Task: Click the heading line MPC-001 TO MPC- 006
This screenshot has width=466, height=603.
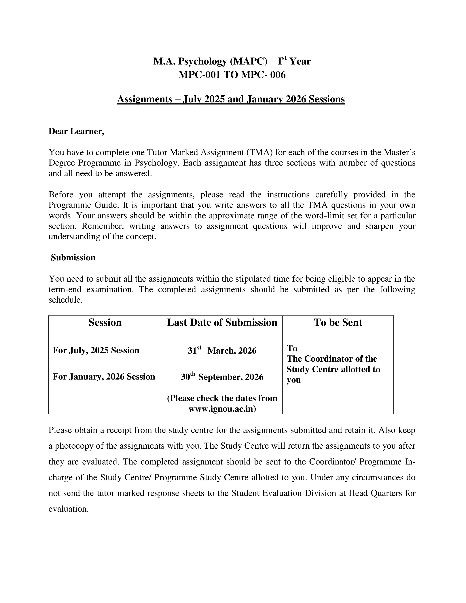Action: click(x=232, y=75)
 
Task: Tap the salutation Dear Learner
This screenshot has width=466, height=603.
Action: click(x=76, y=131)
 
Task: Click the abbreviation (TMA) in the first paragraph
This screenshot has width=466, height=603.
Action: click(x=259, y=152)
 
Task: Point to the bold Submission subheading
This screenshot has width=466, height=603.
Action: click(x=73, y=258)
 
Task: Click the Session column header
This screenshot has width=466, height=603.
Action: click(x=105, y=323)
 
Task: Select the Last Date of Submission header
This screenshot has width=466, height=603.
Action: click(x=222, y=323)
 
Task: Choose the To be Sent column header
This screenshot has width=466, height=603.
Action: click(x=338, y=323)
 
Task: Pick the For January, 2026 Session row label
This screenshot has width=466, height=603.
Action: click(x=104, y=377)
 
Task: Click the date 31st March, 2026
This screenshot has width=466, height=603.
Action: click(x=222, y=351)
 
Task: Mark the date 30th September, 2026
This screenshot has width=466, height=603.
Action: click(x=222, y=377)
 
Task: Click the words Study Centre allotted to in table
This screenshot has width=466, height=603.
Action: click(x=333, y=369)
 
